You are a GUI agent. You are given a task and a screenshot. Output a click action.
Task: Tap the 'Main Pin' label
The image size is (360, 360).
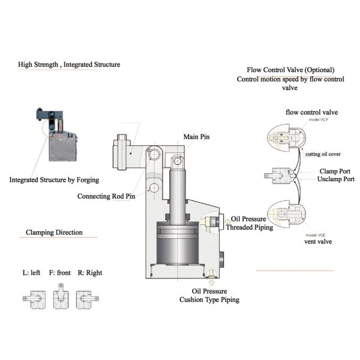coord(197,137)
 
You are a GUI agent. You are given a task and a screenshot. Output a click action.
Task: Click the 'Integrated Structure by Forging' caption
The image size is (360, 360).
coord(54,179)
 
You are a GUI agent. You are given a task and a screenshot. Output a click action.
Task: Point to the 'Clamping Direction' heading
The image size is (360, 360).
coord(54,232)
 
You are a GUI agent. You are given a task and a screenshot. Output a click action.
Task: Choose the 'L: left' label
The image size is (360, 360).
coord(32,273)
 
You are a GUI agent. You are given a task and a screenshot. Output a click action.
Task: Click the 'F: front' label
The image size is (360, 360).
coord(60,273)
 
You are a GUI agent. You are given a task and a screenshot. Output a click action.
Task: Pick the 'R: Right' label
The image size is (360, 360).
coord(89,273)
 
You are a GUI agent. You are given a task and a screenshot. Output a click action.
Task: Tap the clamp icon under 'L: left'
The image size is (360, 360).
coord(32,297)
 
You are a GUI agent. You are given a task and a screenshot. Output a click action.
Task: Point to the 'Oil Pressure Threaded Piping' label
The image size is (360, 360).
coord(248,223)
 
